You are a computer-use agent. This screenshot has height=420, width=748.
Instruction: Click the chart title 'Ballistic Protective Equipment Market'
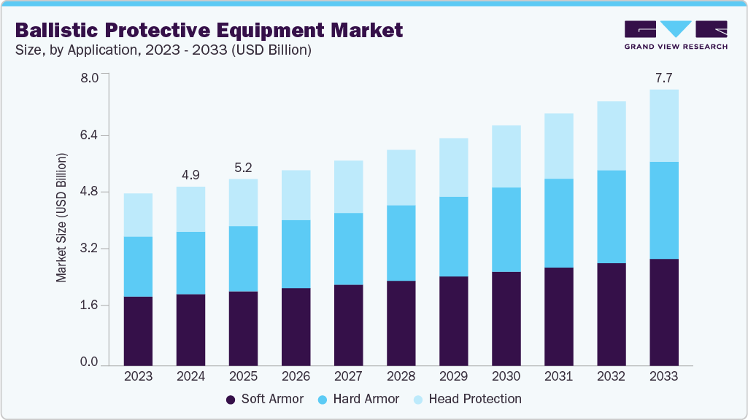209,31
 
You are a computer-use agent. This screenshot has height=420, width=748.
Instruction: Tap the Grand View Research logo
676,34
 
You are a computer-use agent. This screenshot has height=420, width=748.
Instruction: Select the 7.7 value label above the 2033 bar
663,77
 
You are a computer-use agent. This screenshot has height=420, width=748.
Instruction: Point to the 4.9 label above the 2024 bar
190,174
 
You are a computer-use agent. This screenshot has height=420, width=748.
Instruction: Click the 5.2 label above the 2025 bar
243,167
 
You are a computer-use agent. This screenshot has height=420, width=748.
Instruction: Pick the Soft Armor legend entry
265,399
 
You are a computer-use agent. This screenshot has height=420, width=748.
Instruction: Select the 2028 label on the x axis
401,376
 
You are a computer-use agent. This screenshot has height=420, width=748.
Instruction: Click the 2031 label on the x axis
558,376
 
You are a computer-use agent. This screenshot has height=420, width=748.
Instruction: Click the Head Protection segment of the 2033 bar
663,125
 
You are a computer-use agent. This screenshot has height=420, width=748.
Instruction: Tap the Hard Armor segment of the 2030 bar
506,230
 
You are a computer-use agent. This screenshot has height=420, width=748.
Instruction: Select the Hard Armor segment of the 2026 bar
296,254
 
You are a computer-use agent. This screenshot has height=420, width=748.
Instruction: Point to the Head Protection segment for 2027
348,187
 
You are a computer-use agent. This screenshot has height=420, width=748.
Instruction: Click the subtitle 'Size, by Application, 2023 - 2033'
163,50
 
